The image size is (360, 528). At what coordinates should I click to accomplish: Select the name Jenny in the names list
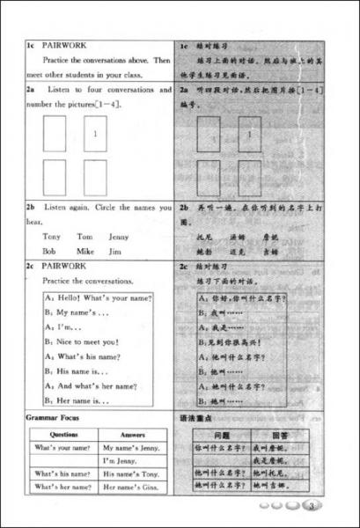[119, 237]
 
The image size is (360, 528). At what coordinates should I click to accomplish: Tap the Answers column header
[131, 434]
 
